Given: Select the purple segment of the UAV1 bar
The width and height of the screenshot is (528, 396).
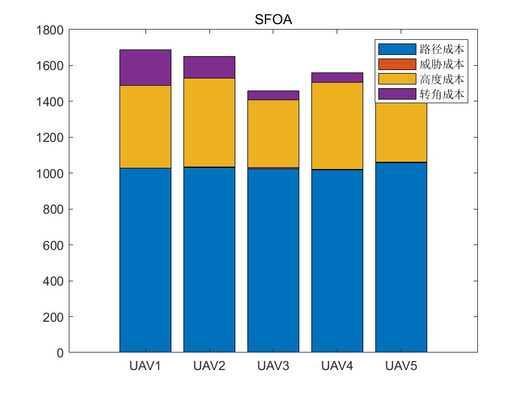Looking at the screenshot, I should [145, 68].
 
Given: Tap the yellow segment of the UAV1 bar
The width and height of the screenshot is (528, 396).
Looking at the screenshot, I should [145, 127].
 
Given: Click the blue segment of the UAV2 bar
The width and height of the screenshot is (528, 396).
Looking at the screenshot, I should [209, 260].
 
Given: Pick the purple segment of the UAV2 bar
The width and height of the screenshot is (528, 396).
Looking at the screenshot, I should [209, 67].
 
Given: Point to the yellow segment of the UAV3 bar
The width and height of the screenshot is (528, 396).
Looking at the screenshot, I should [273, 133].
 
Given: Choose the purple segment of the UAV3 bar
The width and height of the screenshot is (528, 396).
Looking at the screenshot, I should [273, 95].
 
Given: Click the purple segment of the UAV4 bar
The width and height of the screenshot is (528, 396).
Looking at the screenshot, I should [337, 77].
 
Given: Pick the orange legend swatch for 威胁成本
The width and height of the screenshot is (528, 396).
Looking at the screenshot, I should [396, 64].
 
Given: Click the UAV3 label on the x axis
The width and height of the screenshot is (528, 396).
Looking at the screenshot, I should [273, 366].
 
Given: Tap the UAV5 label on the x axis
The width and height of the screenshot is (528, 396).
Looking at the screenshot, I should [401, 366].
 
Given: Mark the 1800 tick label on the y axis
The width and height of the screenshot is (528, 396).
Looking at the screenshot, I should [51, 30].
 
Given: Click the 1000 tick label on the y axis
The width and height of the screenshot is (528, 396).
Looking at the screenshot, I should [51, 174].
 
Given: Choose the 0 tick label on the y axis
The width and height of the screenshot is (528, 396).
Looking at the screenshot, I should [60, 353].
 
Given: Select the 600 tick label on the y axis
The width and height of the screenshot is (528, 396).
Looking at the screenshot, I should [54, 246].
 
